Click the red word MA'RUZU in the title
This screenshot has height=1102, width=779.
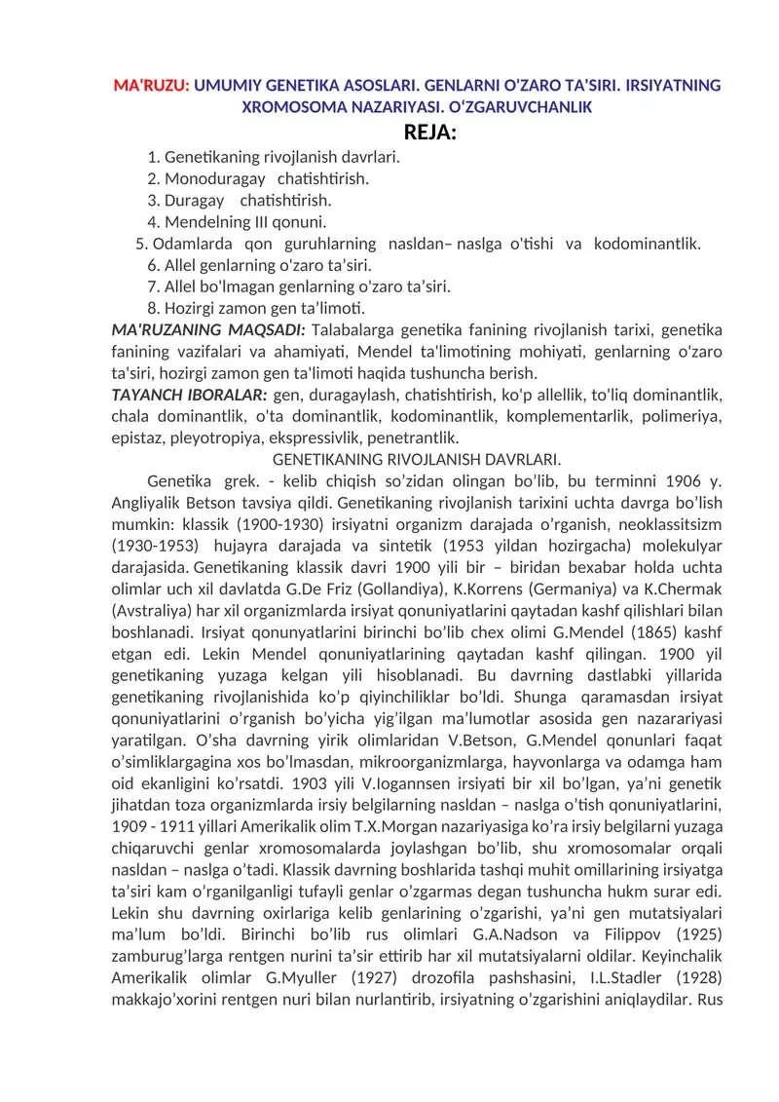point(151,86)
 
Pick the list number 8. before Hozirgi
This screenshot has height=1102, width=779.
point(154,308)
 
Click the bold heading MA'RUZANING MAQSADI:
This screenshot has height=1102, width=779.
point(209,329)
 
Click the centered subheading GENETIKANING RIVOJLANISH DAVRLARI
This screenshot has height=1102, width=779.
point(417,459)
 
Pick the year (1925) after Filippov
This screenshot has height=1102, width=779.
point(692,931)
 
